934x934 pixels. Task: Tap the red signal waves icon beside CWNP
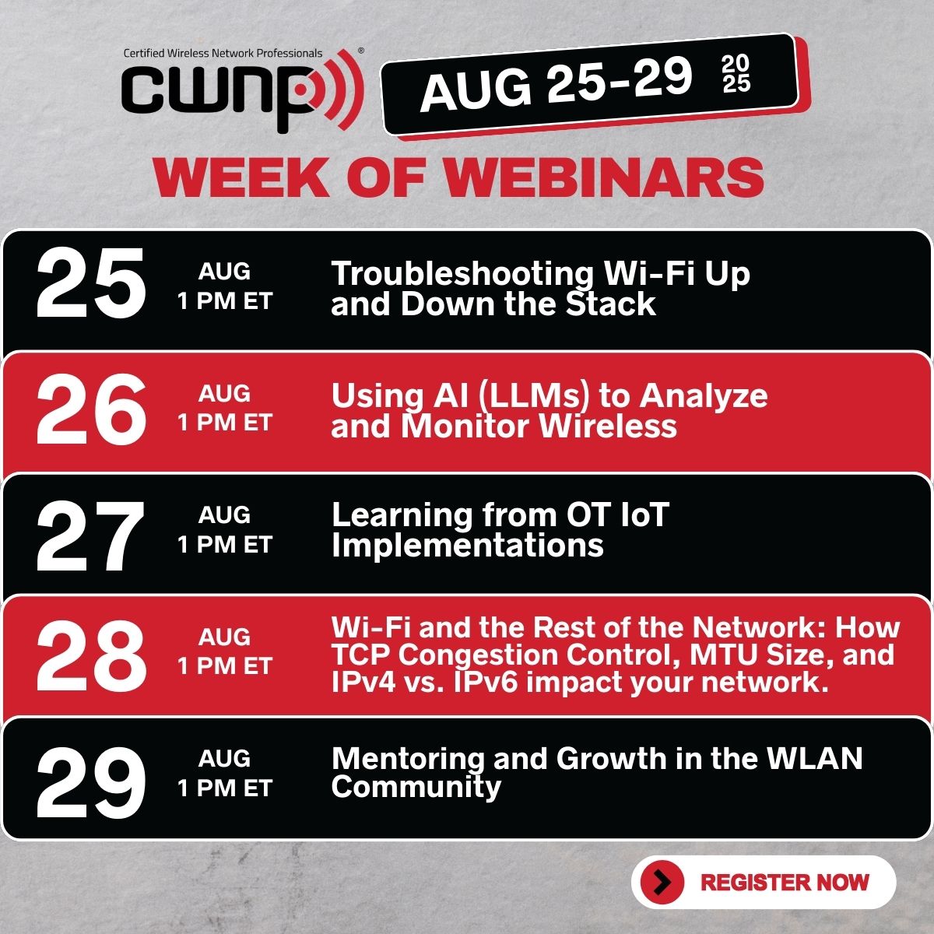coord(339,89)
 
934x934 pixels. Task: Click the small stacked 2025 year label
coord(736,74)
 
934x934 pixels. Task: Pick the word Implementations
coord(467,546)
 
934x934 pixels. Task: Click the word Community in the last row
coord(416,787)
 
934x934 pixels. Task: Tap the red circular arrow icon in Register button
coord(662,882)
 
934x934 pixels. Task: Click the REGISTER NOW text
coord(785,882)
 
